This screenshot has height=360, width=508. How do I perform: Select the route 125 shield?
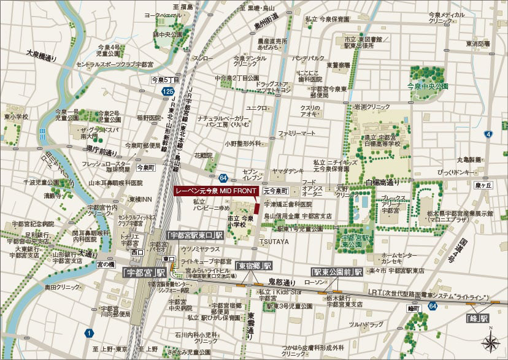coord(168,91)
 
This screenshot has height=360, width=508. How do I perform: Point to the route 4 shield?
coord(488,134)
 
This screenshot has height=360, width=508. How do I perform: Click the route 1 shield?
coord(90,333)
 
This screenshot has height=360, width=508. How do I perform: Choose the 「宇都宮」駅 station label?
coord(144,272)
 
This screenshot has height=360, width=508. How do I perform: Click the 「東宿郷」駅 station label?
coord(253,266)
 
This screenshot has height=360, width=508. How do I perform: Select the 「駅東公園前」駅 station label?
coord(336,271)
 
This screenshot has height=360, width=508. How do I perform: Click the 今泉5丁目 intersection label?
coord(165,80)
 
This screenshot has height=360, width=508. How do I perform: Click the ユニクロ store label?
coord(256,108)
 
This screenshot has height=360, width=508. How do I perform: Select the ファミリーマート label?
coord(296,132)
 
